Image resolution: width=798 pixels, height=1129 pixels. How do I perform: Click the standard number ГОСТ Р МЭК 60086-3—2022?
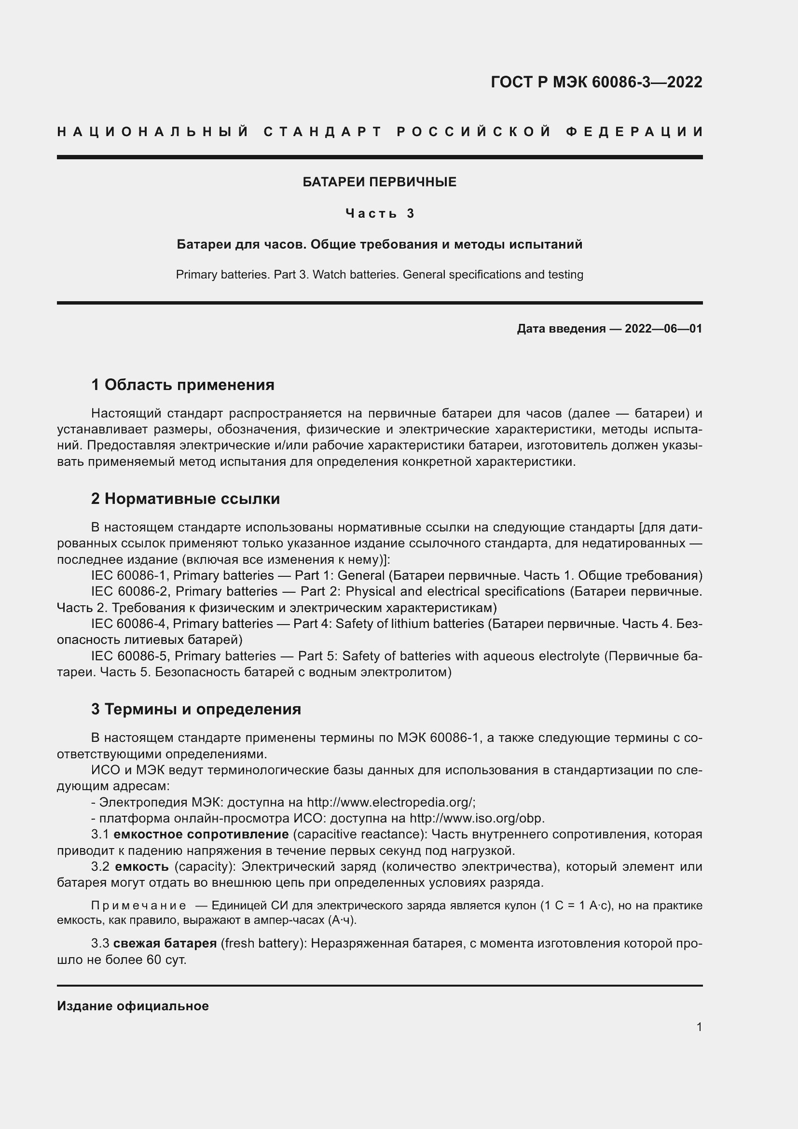[x=596, y=82]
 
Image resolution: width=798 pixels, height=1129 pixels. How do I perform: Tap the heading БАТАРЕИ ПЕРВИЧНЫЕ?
[x=379, y=182]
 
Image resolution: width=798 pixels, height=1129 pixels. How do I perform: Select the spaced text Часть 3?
[x=380, y=213]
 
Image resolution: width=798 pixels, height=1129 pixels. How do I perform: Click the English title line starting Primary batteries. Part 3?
[x=379, y=274]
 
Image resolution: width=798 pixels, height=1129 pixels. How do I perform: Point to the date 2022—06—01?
[x=663, y=329]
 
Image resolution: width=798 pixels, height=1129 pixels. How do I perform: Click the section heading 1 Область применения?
[x=183, y=385]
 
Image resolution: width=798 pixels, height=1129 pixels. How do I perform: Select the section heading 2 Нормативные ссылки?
[x=185, y=499]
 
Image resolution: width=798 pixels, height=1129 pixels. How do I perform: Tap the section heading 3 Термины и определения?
[x=196, y=709]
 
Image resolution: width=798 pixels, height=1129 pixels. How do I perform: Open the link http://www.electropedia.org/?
[x=391, y=802]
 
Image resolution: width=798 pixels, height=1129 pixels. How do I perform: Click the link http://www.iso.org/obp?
[x=477, y=818]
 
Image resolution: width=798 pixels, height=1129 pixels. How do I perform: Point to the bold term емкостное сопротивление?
[x=201, y=835]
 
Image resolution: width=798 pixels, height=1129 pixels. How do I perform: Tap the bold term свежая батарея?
[x=165, y=943]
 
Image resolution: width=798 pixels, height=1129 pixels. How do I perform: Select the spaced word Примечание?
[x=138, y=906]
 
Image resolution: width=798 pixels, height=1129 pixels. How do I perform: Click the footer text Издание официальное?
[x=133, y=1006]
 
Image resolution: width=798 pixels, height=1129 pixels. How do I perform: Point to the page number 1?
[x=699, y=1027]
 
